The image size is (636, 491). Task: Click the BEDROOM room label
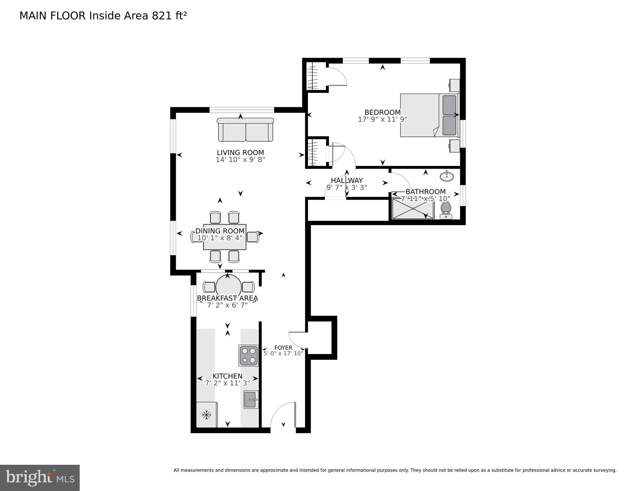(382, 112)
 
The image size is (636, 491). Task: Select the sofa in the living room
(246, 130)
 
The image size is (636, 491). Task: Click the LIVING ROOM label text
(240, 153)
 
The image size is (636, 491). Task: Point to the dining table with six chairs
(225, 237)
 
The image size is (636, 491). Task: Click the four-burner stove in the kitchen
(249, 355)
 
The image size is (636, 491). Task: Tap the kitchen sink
(251, 400)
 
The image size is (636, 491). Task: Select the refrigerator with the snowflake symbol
(207, 415)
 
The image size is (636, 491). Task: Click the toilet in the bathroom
(446, 210)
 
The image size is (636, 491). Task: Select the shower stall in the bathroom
(413, 209)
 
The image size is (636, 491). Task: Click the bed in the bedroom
(429, 115)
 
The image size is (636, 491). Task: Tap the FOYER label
(283, 348)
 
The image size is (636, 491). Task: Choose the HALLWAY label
(347, 180)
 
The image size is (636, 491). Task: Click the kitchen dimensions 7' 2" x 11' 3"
(227, 383)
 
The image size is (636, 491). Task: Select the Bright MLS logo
(40, 478)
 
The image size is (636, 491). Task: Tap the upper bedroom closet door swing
(337, 77)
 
